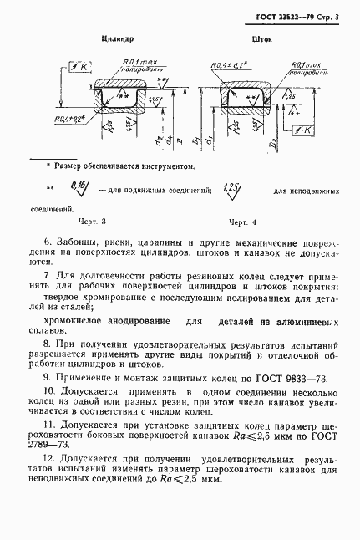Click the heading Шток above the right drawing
261,38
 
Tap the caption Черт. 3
93,223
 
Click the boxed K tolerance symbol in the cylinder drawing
83,65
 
